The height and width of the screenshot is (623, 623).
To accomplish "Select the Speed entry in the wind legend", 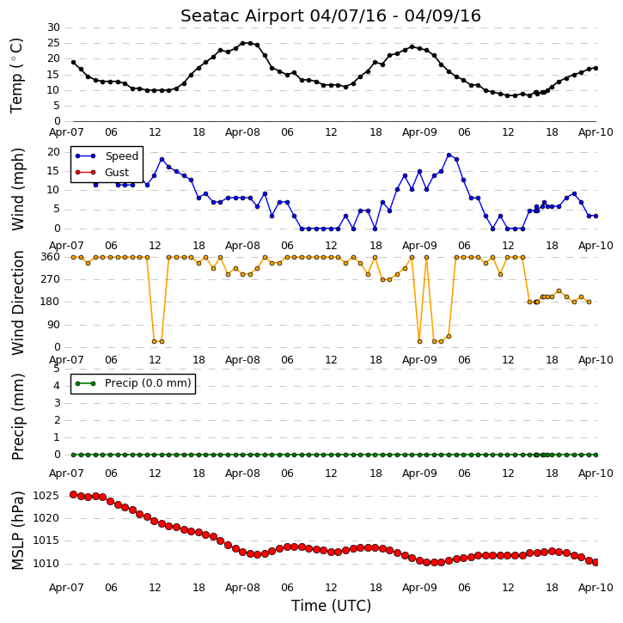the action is (121, 156).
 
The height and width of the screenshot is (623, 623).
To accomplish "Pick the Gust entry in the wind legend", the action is (117, 173).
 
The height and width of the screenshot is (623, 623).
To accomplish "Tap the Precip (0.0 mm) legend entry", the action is (148, 383).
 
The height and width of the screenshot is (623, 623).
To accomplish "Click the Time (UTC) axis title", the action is (331, 606).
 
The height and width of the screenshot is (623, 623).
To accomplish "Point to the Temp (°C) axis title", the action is (16, 76).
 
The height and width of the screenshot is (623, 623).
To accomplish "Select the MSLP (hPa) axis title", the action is (17, 531).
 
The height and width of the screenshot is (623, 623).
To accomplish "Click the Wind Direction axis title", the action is (18, 302).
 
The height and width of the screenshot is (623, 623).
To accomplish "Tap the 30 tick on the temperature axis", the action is (53, 27).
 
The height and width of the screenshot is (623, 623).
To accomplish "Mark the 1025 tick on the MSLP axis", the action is (46, 496).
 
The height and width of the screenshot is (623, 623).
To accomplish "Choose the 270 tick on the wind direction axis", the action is (51, 279).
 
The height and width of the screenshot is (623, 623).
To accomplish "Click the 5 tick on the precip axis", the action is (57, 369).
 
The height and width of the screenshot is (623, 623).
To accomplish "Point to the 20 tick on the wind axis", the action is (53, 152).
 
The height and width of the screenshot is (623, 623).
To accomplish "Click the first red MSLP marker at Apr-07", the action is (74, 495).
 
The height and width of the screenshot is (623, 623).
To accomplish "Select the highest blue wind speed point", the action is (449, 156).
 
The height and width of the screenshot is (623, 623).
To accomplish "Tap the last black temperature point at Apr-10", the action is (596, 69).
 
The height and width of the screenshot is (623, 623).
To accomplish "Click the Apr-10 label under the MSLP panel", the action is (596, 588).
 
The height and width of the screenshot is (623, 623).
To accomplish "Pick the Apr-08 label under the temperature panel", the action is (242, 132).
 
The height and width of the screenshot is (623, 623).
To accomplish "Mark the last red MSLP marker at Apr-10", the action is (596, 563).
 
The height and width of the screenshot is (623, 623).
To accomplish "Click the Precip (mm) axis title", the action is (18, 417).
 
